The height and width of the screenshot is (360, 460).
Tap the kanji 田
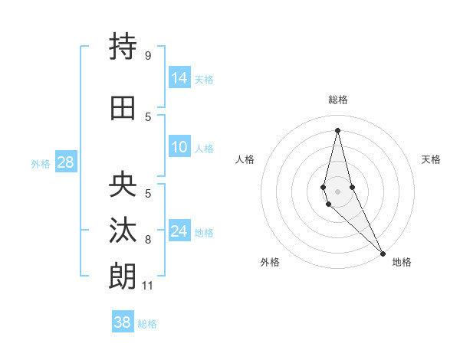coord(123,108)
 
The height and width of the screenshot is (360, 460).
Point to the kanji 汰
coord(123,230)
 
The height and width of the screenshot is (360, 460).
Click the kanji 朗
coord(123,274)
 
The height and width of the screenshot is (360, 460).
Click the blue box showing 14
coord(179,77)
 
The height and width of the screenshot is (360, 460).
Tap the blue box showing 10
coord(179,147)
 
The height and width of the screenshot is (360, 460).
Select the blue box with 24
coord(179,231)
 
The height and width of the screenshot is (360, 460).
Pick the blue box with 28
coord(65,162)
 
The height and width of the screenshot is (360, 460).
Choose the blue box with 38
coord(123,322)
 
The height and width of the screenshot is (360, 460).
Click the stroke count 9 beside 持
coord(147,56)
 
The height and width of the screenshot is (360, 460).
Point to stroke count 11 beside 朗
coord(147,286)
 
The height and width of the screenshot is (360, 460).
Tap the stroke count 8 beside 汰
coord(147,240)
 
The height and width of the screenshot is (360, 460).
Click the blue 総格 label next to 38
coord(147,324)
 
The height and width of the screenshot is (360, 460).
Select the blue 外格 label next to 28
coord(41,163)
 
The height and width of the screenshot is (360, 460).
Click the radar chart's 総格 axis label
coord(337,100)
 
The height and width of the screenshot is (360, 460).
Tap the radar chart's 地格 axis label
coord(402,262)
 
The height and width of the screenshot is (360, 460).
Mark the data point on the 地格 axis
coord(383,253)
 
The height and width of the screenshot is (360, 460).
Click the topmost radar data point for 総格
coord(337,130)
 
